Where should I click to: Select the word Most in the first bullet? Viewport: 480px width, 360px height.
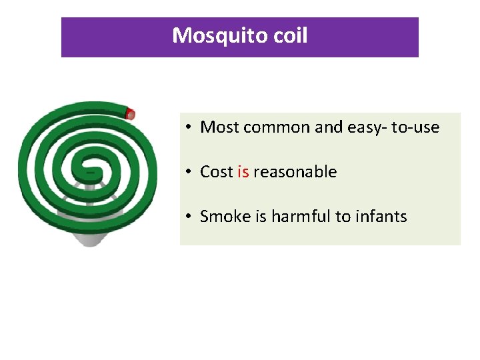click(219, 127)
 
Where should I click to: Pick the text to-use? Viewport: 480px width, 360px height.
click(415, 127)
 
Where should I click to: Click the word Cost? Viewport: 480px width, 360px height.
click(217, 172)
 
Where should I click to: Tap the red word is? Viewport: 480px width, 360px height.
click(243, 172)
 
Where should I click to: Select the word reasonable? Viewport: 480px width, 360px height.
click(295, 172)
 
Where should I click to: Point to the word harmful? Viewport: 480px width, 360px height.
click(299, 217)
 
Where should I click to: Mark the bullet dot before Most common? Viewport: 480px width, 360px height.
click(190, 127)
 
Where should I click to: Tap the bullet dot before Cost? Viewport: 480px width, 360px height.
click(190, 173)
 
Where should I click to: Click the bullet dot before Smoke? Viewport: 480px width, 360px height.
click(190, 217)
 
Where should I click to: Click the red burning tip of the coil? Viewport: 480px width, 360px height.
click(131, 113)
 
